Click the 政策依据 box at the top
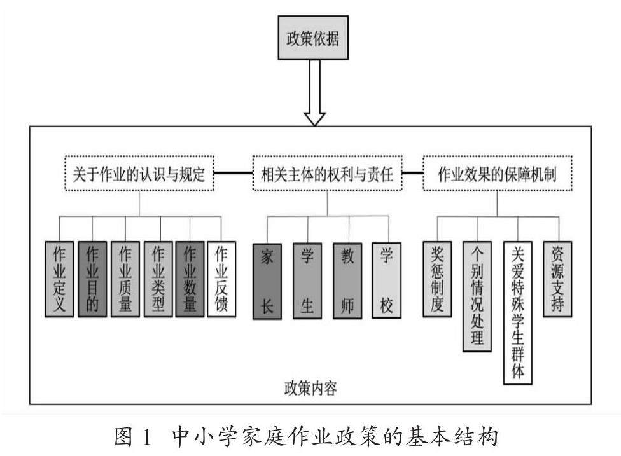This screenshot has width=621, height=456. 313,38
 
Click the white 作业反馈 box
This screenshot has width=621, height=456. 221,279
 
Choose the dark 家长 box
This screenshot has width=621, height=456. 267,280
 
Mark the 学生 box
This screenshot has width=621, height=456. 307,280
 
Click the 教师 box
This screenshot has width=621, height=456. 347,280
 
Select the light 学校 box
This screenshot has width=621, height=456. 387,280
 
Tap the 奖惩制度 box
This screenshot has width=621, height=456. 437,279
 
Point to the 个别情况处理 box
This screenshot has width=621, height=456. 477,296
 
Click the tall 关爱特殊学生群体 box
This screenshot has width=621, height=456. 518,312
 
